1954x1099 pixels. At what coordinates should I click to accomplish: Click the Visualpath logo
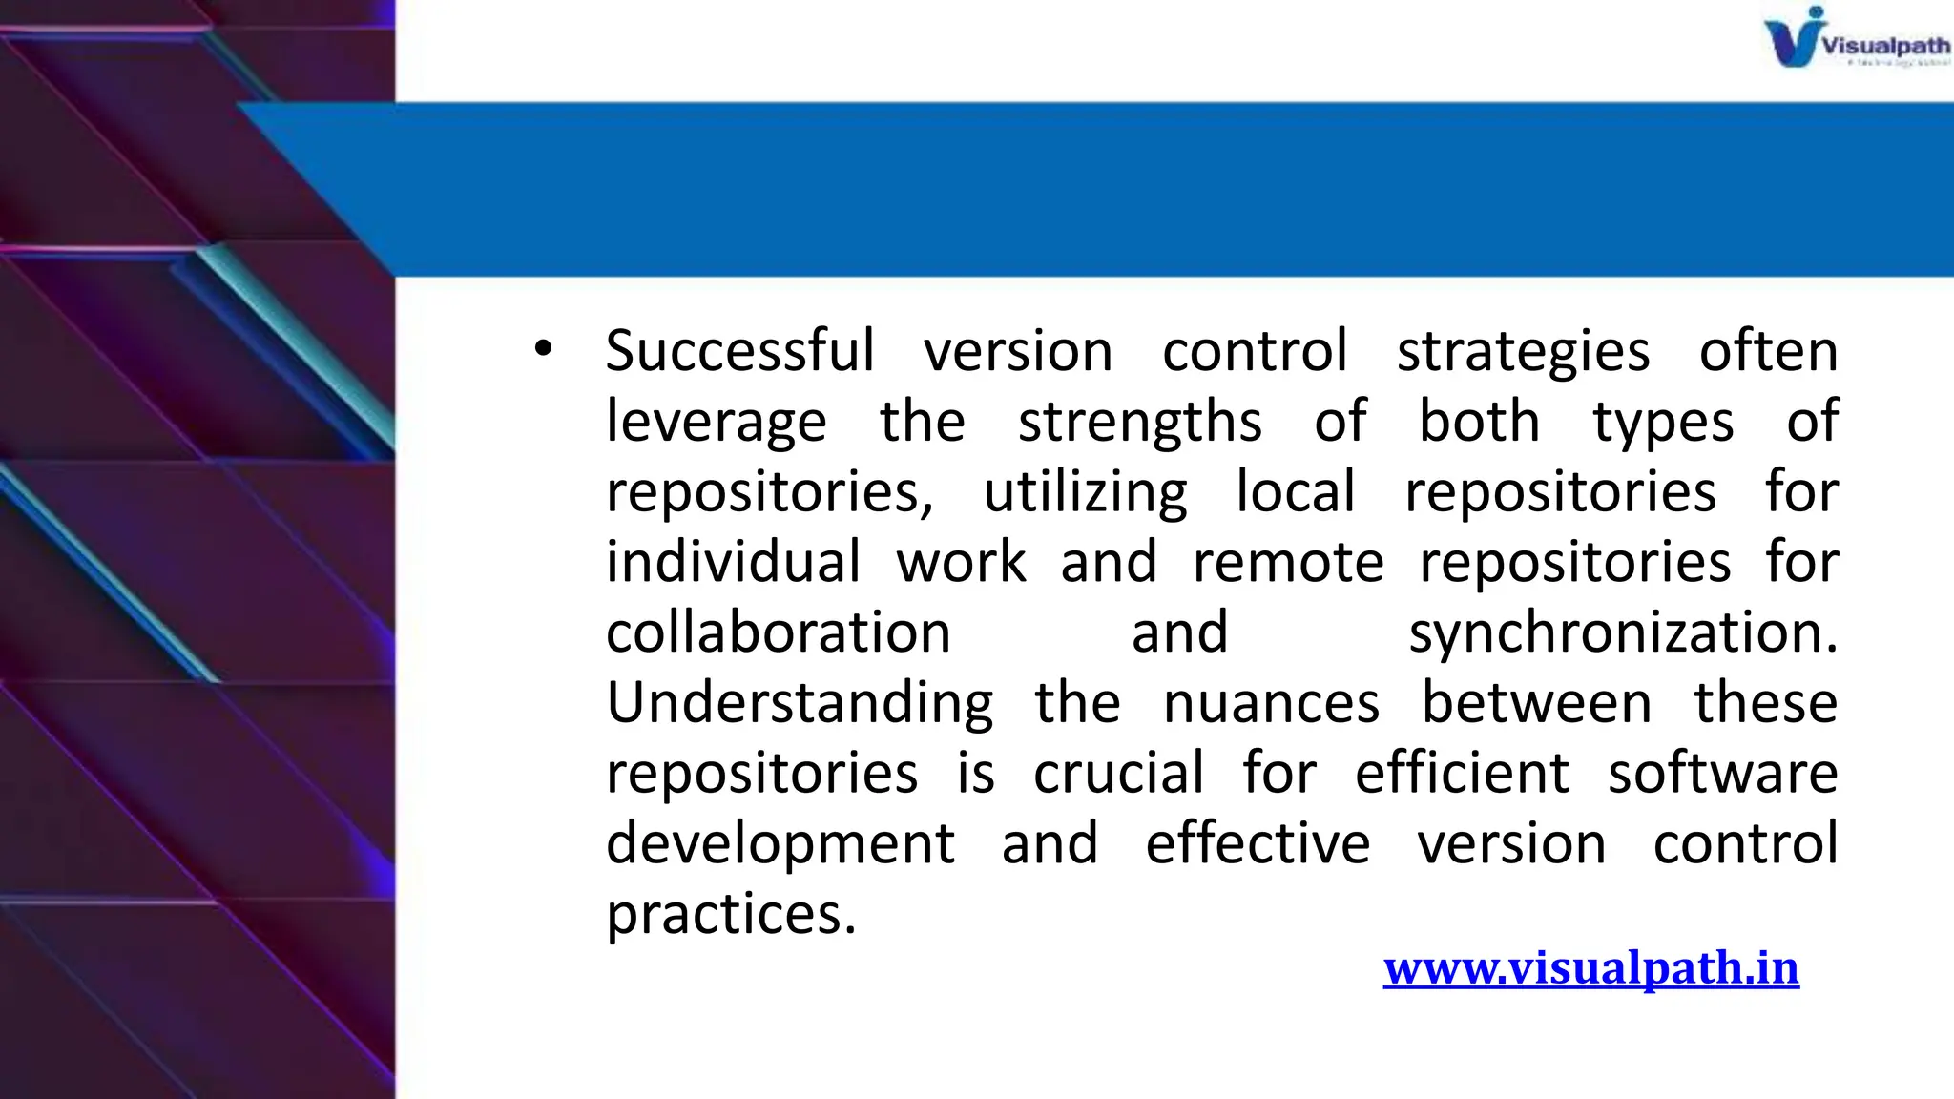pyautogui.click(x=1855, y=39)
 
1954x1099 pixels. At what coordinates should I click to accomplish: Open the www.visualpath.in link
pyautogui.click(x=1590, y=968)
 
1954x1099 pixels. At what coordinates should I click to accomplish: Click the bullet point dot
pyautogui.click(x=543, y=349)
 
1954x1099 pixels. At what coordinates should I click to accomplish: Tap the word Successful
pyautogui.click(x=740, y=351)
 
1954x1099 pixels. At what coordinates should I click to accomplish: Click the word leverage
pyautogui.click(x=716, y=423)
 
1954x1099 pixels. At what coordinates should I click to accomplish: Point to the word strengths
pyautogui.click(x=1139, y=423)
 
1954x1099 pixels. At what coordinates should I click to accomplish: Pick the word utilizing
pyautogui.click(x=1085, y=493)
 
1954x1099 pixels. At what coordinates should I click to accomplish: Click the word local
pyautogui.click(x=1295, y=491)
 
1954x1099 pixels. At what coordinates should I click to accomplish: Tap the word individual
pyautogui.click(x=733, y=562)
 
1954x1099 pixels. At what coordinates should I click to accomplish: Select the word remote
pyautogui.click(x=1288, y=562)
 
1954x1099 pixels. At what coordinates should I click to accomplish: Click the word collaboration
pyautogui.click(x=779, y=632)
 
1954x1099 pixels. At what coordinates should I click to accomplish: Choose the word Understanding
pyautogui.click(x=800, y=704)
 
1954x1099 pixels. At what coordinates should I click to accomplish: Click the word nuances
pyautogui.click(x=1271, y=704)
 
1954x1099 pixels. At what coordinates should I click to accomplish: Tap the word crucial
pyautogui.click(x=1118, y=773)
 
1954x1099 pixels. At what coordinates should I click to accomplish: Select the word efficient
pyautogui.click(x=1462, y=773)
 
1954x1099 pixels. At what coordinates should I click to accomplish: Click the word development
pyautogui.click(x=780, y=845)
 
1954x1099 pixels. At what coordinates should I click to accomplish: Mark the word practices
pyautogui.click(x=731, y=915)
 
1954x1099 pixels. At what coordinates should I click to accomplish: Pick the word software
pyautogui.click(x=1722, y=773)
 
